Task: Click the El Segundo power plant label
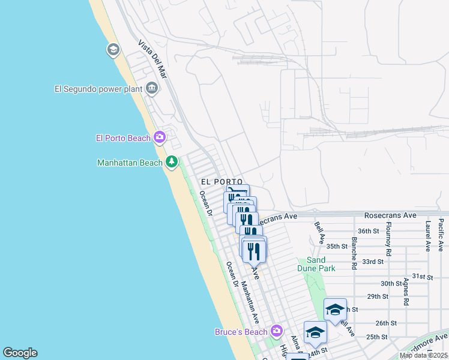98,89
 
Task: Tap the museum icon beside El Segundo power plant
152,89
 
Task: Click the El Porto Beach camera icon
159,138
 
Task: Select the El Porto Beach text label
123,138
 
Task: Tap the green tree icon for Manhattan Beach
172,162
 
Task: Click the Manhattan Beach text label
130,163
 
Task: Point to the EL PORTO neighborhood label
221,181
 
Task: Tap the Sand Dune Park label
316,264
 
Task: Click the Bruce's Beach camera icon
276,331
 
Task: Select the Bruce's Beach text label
242,332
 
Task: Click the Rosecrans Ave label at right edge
390,215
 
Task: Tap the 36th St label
369,230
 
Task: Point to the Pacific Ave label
441,235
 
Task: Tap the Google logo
20,353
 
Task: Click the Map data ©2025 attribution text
424,355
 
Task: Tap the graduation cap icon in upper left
113,50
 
